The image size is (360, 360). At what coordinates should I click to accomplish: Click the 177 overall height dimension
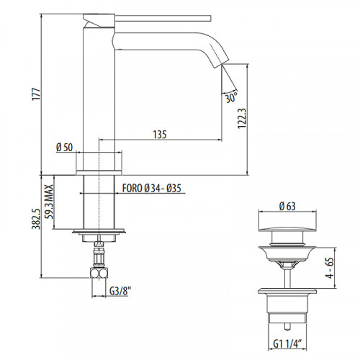[37, 94]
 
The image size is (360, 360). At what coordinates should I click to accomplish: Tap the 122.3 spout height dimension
[242, 118]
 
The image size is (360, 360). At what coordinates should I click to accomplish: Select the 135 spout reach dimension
[160, 135]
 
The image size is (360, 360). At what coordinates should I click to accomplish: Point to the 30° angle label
[231, 96]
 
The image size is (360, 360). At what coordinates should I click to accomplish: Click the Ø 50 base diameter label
[64, 148]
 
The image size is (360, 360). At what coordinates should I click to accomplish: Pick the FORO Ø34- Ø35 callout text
[152, 189]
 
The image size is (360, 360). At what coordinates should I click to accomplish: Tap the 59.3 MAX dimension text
[50, 202]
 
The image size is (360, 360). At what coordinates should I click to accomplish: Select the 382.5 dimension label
[36, 219]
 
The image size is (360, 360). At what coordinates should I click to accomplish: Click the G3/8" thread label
[120, 291]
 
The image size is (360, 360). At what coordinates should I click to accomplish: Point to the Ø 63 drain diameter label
[287, 206]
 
